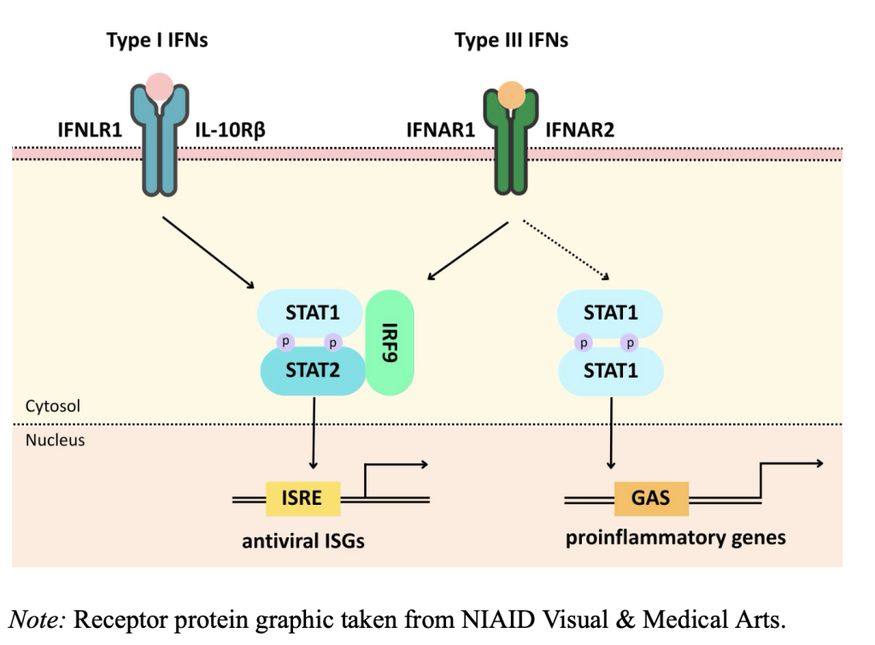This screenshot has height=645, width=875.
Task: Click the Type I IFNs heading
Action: tap(156, 40)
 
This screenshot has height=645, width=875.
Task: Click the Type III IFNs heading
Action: tap(511, 40)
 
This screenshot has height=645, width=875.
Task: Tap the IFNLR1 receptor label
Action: tap(90, 131)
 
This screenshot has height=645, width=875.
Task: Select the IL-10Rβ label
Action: tap(223, 131)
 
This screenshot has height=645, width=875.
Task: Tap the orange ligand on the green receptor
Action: tap(512, 94)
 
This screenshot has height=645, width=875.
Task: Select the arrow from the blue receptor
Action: tap(209, 252)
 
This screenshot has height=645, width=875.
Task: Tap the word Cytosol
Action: tap(53, 406)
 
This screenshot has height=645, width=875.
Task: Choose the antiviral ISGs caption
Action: tap(302, 541)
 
